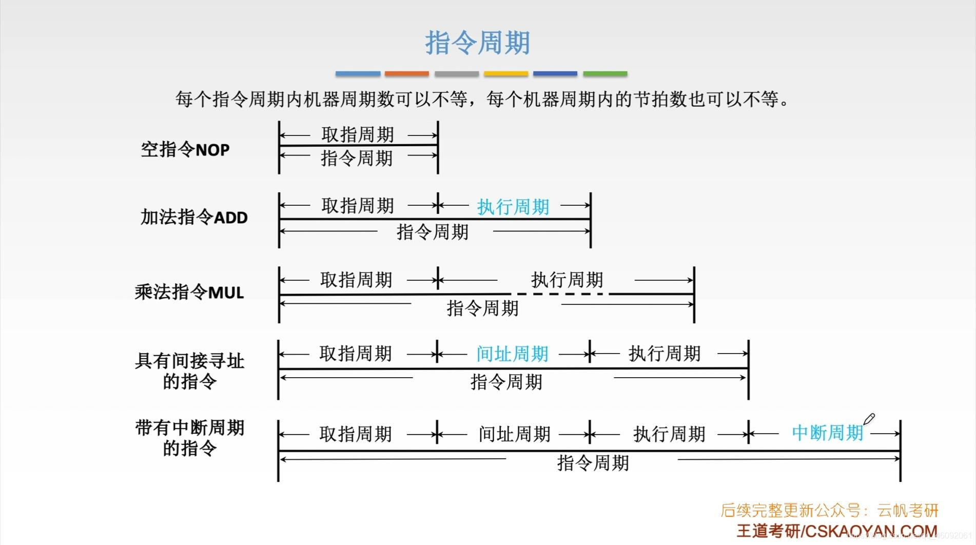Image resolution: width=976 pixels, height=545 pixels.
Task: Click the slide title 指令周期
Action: coord(477,42)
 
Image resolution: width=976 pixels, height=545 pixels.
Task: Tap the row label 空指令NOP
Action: coord(185,150)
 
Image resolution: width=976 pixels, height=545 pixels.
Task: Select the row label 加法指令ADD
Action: coord(194,217)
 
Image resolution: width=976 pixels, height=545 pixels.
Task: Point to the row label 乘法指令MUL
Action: coord(189,292)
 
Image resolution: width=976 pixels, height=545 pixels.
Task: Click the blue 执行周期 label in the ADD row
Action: coord(513,207)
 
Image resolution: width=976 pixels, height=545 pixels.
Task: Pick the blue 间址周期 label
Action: coord(512,354)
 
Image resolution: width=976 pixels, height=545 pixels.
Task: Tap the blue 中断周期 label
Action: coord(828,433)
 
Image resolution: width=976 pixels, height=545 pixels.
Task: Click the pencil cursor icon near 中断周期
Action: coord(869,419)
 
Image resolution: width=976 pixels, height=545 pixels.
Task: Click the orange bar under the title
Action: coord(406,74)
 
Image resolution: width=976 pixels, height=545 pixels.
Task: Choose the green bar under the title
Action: coord(605,74)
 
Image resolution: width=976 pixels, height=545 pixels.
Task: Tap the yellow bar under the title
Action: coord(506,74)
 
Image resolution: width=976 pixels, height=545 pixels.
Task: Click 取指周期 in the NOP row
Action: coord(358,134)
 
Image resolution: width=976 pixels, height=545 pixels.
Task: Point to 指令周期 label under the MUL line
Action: coord(483,308)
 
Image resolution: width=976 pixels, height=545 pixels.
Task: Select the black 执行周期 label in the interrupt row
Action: coord(669,434)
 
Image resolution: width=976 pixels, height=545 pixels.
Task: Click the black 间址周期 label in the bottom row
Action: coord(514,434)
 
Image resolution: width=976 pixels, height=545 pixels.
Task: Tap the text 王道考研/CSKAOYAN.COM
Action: coord(837,531)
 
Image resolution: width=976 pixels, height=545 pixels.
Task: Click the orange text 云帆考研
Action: coord(908,511)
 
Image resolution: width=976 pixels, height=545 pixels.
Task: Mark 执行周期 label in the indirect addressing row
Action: coord(665,354)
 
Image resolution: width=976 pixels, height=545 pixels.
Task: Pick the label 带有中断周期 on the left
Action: coord(189,428)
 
